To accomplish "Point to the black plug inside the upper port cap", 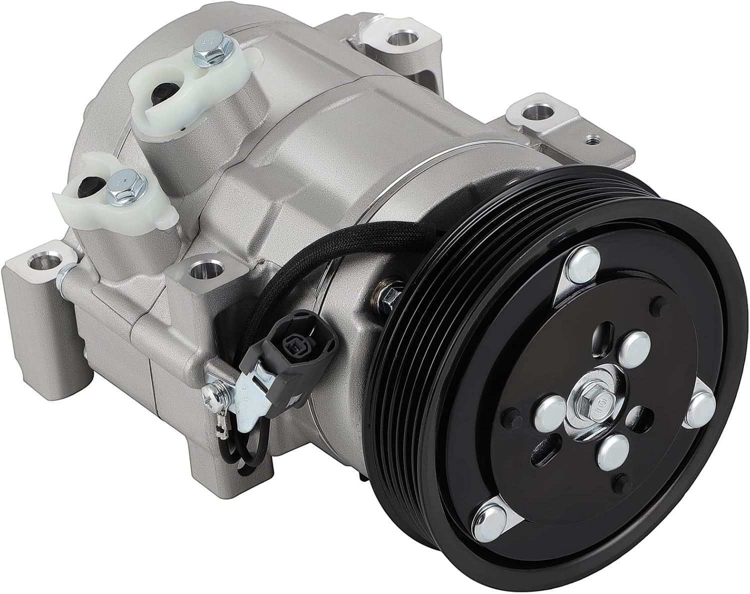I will [161, 92].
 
